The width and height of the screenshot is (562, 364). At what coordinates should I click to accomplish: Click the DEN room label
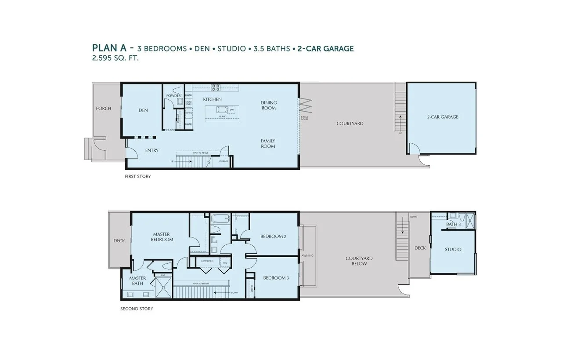point(143,110)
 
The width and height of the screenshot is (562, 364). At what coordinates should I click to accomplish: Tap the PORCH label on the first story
point(104,109)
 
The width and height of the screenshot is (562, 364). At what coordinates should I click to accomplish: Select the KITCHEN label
point(212,100)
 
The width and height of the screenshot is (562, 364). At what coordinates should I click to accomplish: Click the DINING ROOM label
point(268,105)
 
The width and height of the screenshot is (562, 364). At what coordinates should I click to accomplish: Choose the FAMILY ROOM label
point(268,143)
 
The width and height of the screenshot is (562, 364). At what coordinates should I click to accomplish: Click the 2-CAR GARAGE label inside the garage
point(442,117)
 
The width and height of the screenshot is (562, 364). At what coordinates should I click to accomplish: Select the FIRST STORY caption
point(138,176)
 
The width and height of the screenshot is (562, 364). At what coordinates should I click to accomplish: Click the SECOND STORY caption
point(137,309)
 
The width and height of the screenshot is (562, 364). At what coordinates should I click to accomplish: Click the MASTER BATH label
point(137,280)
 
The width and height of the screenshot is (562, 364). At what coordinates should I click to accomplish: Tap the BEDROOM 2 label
point(273,237)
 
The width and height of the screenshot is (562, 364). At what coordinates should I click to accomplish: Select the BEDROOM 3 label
point(276,278)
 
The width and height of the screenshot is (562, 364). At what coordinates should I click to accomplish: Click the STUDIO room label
point(453,249)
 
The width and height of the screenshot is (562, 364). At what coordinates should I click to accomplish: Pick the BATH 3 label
point(453,225)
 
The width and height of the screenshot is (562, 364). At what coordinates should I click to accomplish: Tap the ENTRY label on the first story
point(152,150)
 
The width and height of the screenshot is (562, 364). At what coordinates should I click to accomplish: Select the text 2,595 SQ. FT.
point(115,58)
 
